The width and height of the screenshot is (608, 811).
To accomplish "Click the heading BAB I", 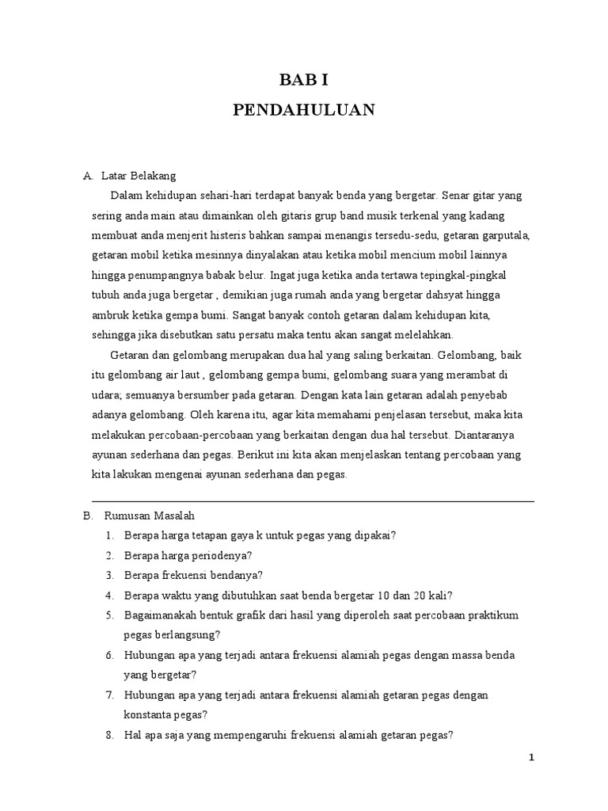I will [x=303, y=80].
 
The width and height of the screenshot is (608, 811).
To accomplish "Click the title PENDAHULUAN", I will [x=303, y=109].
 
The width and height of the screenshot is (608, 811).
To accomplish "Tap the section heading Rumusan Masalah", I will [x=149, y=515].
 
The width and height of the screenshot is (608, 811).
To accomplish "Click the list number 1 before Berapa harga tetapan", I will [x=108, y=535].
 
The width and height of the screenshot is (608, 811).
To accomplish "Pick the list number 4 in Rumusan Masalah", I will [x=108, y=596].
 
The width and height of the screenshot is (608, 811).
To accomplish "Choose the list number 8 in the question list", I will [x=108, y=735].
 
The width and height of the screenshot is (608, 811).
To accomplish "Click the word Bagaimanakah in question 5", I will [x=158, y=615].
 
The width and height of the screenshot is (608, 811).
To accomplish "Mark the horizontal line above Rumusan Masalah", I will [x=313, y=501].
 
